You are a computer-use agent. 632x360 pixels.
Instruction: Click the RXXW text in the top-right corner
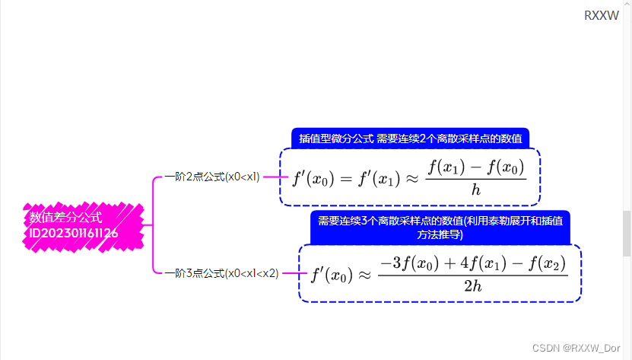(602, 15)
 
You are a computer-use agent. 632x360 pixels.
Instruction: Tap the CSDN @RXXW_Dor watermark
(576, 347)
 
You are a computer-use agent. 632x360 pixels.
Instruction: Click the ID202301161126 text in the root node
(74, 233)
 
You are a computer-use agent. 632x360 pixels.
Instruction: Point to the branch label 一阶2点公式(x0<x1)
(212, 177)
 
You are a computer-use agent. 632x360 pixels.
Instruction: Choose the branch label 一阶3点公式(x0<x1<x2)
(221, 273)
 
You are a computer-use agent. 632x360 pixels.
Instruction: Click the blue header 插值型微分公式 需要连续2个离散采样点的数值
(410, 139)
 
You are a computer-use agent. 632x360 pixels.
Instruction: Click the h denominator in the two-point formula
(476, 190)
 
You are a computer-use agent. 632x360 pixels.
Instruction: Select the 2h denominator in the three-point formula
(472, 286)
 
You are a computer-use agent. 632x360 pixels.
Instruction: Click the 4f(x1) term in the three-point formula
(478, 263)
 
